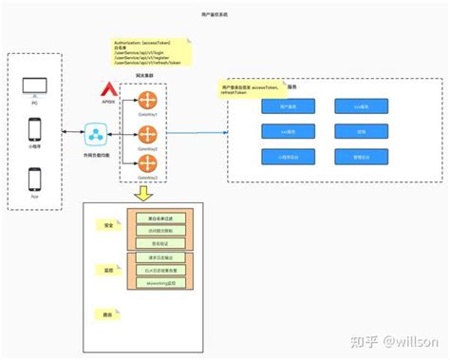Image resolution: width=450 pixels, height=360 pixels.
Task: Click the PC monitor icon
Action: pyautogui.click(x=35, y=86)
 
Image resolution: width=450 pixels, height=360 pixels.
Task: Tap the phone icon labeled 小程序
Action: pyautogui.click(x=35, y=130)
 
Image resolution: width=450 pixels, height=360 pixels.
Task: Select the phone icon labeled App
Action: pyautogui.click(x=35, y=179)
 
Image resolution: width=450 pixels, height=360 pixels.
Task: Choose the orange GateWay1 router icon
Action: pyautogui.click(x=147, y=102)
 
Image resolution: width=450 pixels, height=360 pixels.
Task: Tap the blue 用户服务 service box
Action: pyautogui.click(x=289, y=108)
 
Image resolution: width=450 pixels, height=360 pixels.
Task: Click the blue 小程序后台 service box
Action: pyautogui.click(x=289, y=157)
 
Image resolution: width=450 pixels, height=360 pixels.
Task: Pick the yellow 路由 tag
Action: pyautogui.click(x=108, y=314)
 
